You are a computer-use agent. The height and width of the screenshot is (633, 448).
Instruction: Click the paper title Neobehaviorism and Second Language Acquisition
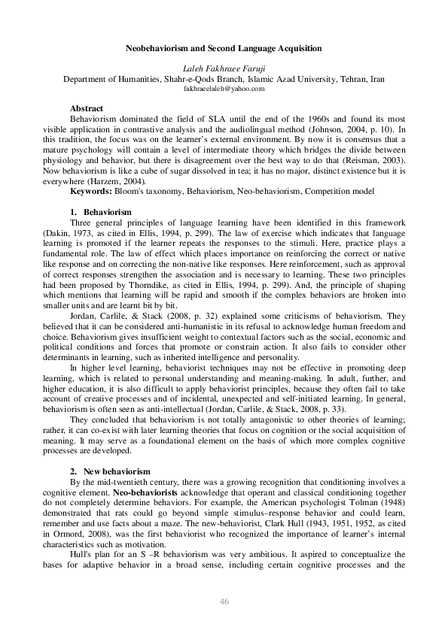224,48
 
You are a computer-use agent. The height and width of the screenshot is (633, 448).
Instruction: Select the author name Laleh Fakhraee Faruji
224,68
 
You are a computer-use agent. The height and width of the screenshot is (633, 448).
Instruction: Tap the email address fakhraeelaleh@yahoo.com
224,89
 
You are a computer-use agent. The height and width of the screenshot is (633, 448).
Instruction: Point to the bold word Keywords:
89,191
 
